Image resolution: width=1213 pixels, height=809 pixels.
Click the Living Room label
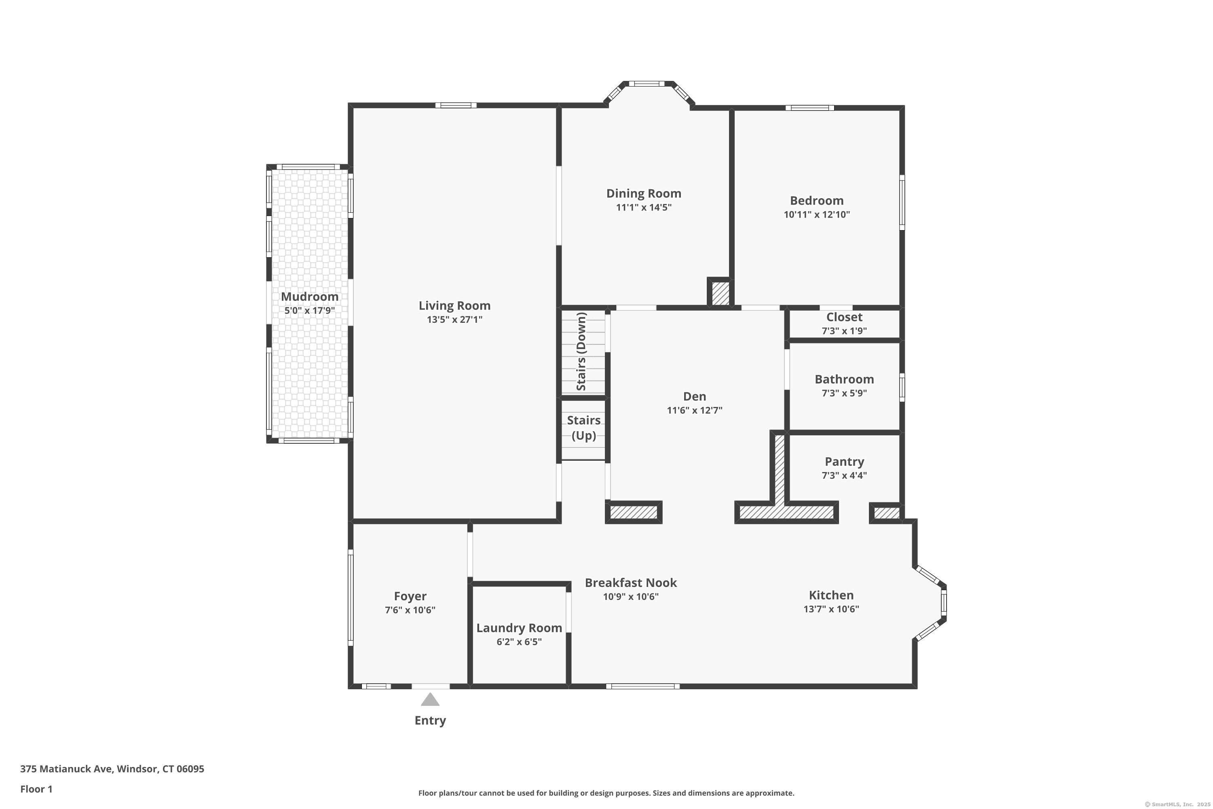(454, 305)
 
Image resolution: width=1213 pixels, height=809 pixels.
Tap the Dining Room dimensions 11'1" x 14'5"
(644, 208)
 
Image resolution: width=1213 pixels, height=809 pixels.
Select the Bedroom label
(816, 200)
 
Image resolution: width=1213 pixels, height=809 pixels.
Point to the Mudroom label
(309, 296)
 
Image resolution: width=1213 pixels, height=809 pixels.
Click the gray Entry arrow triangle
(430, 700)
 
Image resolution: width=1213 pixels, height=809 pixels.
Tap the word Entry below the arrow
(430, 721)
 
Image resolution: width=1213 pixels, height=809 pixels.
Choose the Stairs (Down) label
(581, 352)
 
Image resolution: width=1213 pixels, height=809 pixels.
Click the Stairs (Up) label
(584, 428)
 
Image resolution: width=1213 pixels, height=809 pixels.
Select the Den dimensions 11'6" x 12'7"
(694, 410)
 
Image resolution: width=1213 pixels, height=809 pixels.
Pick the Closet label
(844, 317)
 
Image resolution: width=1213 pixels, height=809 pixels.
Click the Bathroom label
(844, 379)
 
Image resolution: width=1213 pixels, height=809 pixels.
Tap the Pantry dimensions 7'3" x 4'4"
(844, 475)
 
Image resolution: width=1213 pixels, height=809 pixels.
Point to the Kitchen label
(831, 595)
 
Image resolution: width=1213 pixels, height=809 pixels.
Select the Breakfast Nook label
(631, 582)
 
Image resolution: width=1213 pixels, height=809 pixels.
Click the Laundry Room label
(519, 628)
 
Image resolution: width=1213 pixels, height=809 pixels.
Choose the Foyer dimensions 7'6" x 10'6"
(410, 610)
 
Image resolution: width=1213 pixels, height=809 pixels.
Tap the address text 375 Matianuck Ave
(66, 769)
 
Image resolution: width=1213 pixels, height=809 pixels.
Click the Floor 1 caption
(36, 789)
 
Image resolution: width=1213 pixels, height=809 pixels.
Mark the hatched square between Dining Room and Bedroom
(721, 293)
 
